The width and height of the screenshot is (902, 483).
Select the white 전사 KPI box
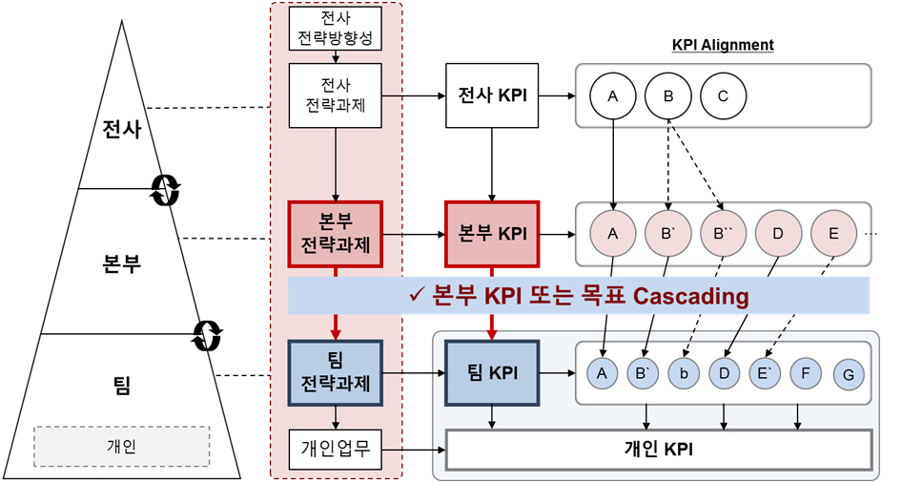tap(492, 95)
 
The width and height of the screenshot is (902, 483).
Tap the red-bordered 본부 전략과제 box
tap(335, 234)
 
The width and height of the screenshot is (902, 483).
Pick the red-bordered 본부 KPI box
tap(492, 234)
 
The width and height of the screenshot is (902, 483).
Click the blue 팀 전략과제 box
tap(335, 373)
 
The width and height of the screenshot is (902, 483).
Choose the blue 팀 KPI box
tap(492, 373)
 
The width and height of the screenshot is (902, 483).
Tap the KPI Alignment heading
tap(722, 45)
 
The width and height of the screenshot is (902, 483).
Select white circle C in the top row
tap(722, 95)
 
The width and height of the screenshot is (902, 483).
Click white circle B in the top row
tap(667, 95)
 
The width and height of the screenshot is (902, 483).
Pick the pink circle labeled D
tap(777, 234)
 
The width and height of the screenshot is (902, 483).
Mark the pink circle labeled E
tap(832, 234)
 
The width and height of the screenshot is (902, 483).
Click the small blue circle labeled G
tap(848, 375)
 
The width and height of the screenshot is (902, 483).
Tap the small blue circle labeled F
tap(806, 373)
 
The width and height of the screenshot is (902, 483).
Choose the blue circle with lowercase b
tap(683, 373)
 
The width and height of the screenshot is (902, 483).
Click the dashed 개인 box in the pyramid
tap(121, 446)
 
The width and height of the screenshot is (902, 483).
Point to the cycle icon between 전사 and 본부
tap(164, 189)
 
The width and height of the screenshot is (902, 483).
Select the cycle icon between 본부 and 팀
tap(207, 334)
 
